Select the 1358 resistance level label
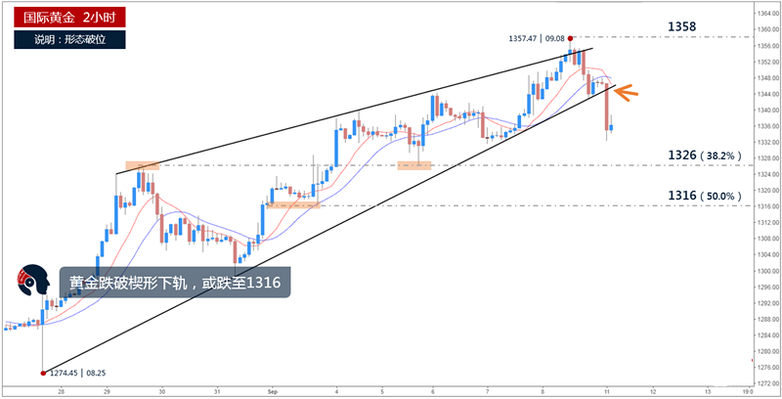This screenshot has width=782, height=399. click(x=682, y=26)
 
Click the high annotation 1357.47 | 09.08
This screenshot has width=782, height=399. click(x=537, y=38)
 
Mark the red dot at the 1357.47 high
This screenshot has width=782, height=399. click(x=571, y=38)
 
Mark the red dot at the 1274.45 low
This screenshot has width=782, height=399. click(x=43, y=373)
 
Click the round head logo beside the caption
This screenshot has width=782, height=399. click(x=35, y=282)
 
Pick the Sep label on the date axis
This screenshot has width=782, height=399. click(x=274, y=390)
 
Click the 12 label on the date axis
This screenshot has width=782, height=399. click(x=653, y=390)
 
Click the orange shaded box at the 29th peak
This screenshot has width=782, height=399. click(x=142, y=165)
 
